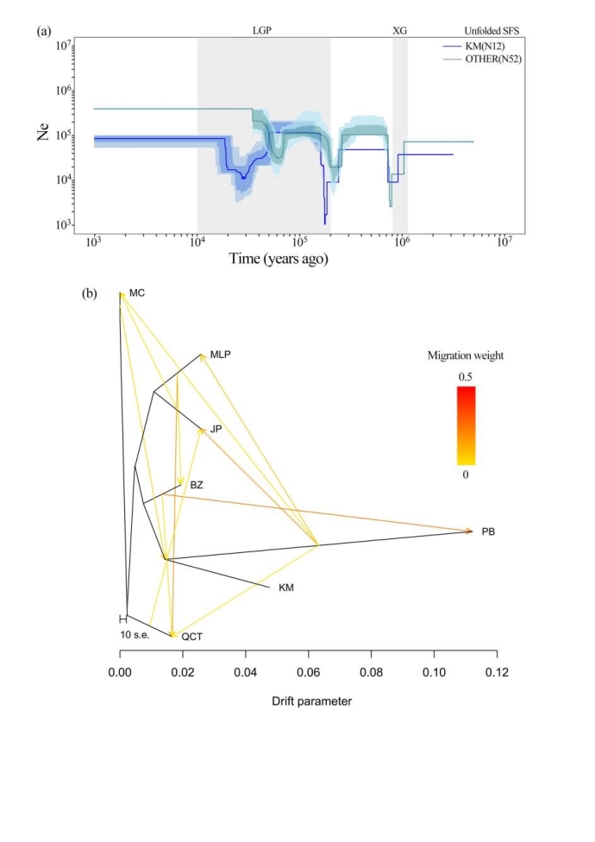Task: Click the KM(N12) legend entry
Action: (x=479, y=45)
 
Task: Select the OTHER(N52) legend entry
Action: (x=483, y=58)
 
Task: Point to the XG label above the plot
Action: (x=399, y=29)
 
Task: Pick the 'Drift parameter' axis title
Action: (x=308, y=701)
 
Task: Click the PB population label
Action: (x=488, y=532)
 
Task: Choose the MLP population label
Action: (x=222, y=355)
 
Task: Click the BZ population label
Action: (x=197, y=486)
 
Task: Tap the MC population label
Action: (x=136, y=294)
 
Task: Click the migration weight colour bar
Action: (x=466, y=425)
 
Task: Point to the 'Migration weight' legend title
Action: (x=467, y=355)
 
